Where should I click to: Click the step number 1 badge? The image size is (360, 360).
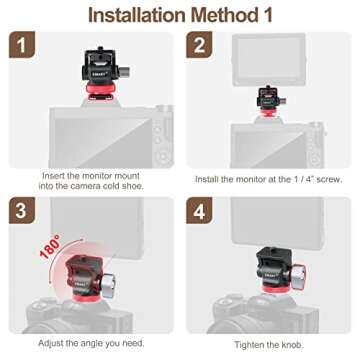[x=22, y=45]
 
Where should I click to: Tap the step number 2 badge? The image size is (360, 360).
[x=199, y=45]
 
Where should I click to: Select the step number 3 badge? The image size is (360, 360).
[x=22, y=210]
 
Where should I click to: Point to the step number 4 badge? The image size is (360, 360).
[x=199, y=210]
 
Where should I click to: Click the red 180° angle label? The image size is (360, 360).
[x=50, y=246]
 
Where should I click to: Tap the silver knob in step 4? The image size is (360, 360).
[x=300, y=273]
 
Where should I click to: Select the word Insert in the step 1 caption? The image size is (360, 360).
[x=53, y=176]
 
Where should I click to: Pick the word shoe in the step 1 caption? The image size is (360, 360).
[x=132, y=186]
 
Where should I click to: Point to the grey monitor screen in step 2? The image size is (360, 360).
[x=269, y=59]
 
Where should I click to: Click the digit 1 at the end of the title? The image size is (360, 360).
[x=267, y=15]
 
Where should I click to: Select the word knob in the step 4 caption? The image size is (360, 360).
[x=292, y=345]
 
